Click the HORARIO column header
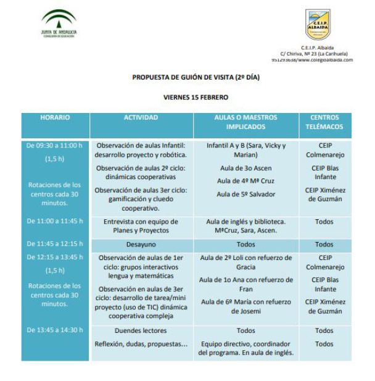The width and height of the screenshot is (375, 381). click(55, 117)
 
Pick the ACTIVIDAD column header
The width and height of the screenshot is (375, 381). click(141, 117)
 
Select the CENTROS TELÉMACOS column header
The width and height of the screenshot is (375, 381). click(325, 122)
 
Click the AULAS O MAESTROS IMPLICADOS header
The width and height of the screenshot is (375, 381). click(246, 122)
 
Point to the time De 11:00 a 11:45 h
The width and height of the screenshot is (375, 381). click(55, 220)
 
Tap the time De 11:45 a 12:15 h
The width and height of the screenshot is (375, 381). click(55, 244)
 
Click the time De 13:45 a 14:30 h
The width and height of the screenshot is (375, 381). click(55, 330)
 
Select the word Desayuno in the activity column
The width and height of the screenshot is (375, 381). click(141, 245)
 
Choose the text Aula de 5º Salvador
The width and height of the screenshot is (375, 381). click(246, 194)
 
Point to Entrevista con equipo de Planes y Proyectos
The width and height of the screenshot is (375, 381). click(141, 225)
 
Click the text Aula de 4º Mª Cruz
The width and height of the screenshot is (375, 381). click(246, 180)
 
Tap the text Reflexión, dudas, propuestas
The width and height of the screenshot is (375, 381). click(140, 344)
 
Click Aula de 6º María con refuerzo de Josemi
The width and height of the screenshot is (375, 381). click(246, 306)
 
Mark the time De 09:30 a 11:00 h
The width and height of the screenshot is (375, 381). click(55, 146)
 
